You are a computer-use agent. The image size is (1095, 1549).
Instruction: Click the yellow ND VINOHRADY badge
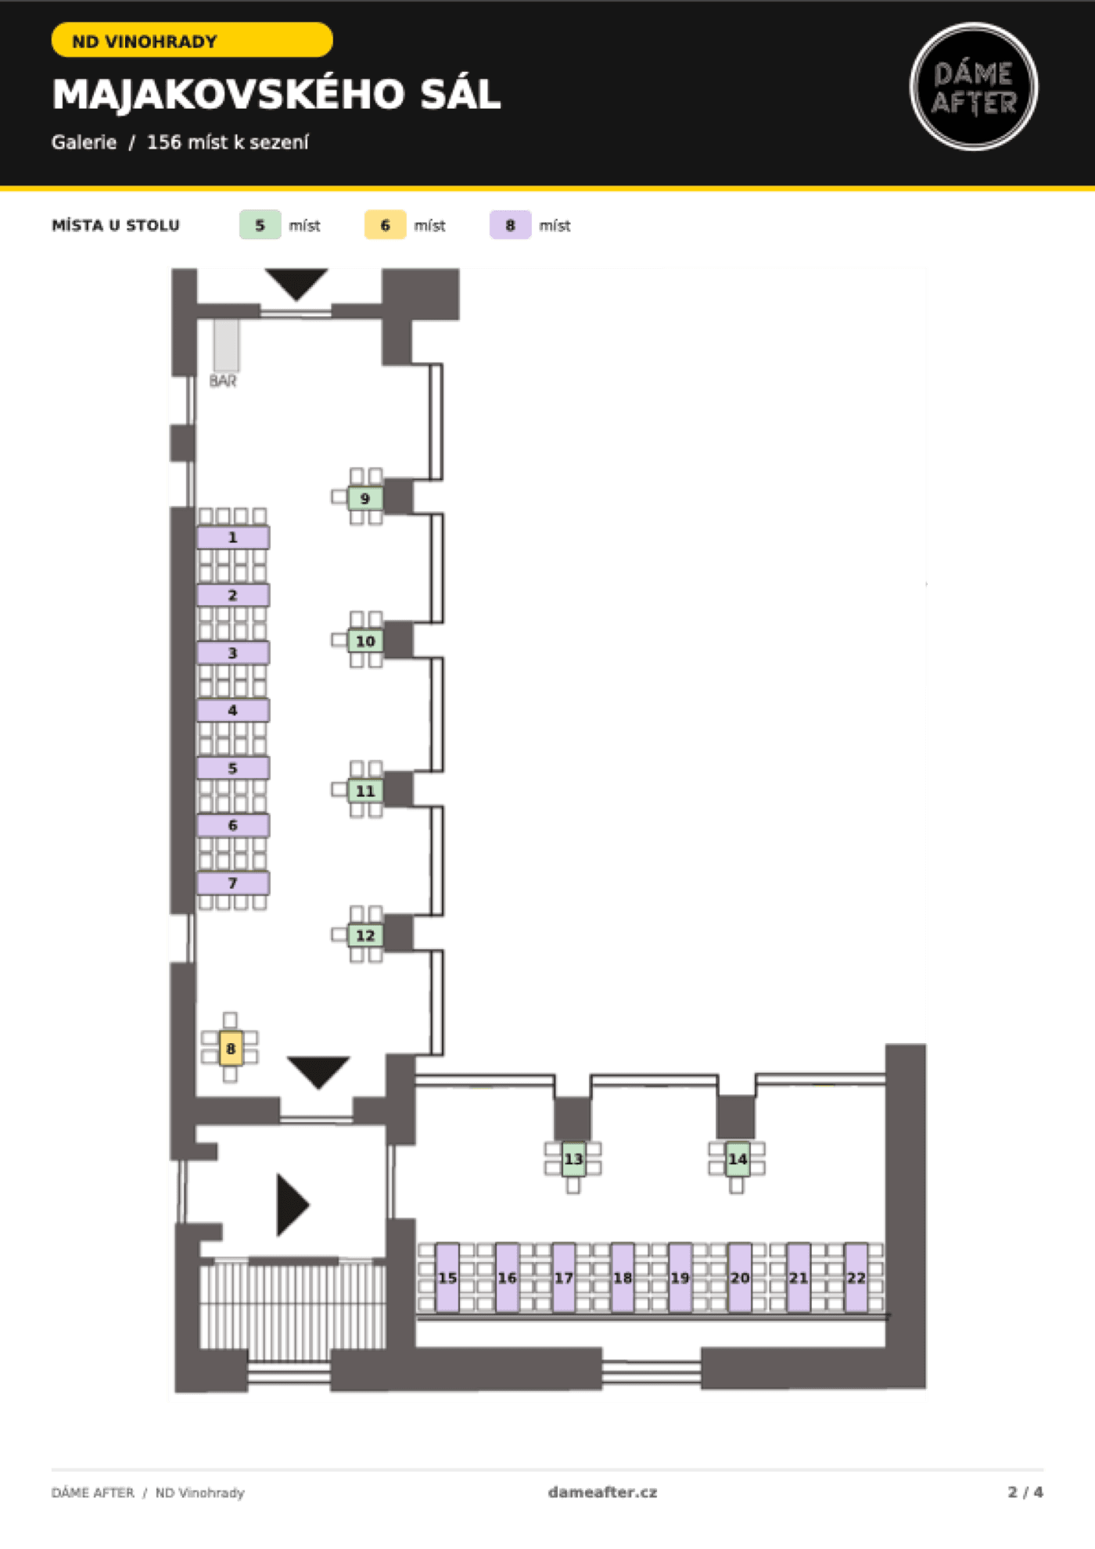pos(192,41)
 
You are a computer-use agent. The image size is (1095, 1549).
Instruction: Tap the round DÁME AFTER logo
pos(974,87)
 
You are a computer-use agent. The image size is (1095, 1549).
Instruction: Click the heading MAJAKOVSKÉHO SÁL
pos(276,95)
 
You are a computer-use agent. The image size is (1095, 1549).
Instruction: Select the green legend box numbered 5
pos(260,225)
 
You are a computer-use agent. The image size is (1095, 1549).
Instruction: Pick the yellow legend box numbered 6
pos(385,225)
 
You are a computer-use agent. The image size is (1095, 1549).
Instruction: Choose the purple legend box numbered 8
pos(510,225)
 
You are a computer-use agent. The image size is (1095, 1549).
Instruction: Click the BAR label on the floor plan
pos(223,381)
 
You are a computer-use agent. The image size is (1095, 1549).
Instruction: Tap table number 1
pos(233,537)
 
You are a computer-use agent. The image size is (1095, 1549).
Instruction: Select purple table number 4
pos(233,710)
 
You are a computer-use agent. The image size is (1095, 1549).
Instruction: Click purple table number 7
pos(233,883)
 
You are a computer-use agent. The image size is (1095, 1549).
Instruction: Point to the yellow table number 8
pos(230,1049)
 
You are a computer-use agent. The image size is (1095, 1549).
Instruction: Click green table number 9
pos(365,498)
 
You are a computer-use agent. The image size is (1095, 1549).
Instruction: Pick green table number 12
pos(365,935)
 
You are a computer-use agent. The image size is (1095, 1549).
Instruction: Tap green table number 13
pos(573,1159)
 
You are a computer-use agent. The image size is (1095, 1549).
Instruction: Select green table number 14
pos(738,1159)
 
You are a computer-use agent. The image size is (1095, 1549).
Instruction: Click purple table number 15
pos(447,1277)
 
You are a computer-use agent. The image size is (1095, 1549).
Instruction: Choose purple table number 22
pos(856,1277)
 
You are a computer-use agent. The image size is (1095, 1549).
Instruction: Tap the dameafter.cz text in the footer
pos(602,1492)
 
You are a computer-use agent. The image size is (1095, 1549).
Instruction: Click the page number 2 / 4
pos(1025,1492)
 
